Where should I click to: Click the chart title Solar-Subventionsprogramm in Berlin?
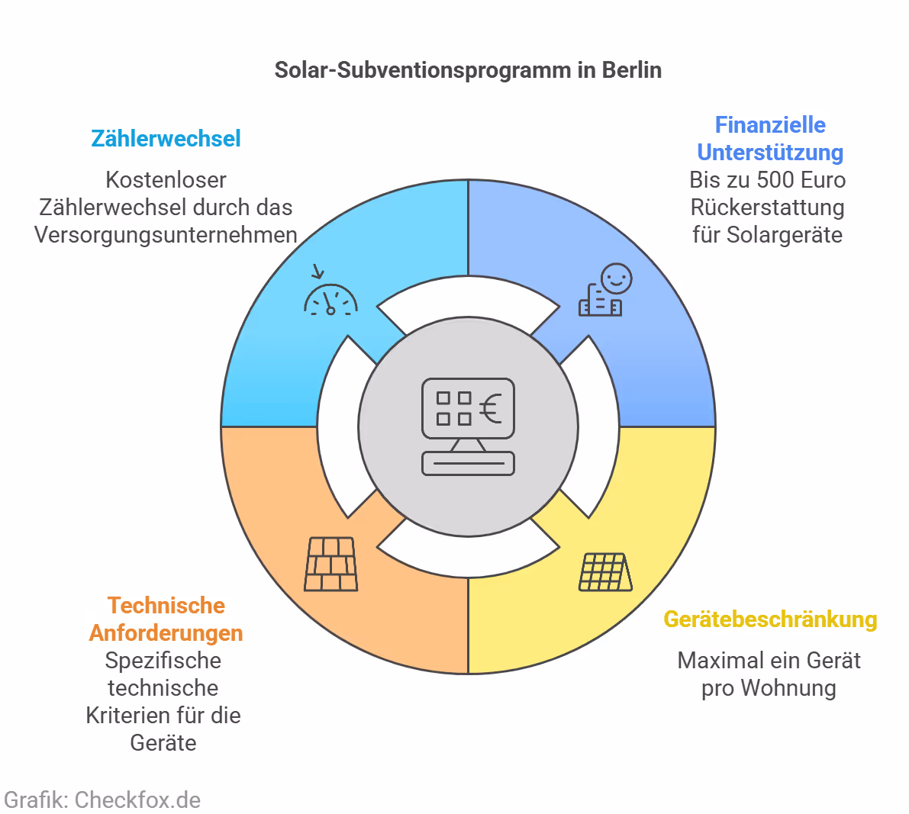click(468, 70)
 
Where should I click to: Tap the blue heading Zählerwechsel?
click(166, 139)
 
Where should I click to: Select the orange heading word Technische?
click(166, 606)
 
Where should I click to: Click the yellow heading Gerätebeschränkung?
click(770, 619)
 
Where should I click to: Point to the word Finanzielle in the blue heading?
click(770, 125)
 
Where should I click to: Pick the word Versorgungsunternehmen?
click(166, 235)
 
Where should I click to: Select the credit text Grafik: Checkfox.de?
click(102, 800)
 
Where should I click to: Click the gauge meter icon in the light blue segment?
click(330, 301)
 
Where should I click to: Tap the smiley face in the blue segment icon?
click(616, 278)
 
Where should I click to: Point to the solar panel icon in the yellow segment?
click(605, 572)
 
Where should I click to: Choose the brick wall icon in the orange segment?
click(331, 565)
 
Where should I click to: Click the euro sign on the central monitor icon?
click(491, 408)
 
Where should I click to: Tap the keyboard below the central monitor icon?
click(468, 463)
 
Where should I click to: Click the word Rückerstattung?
click(767, 208)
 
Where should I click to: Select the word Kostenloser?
click(166, 180)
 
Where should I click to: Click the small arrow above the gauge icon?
click(318, 272)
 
